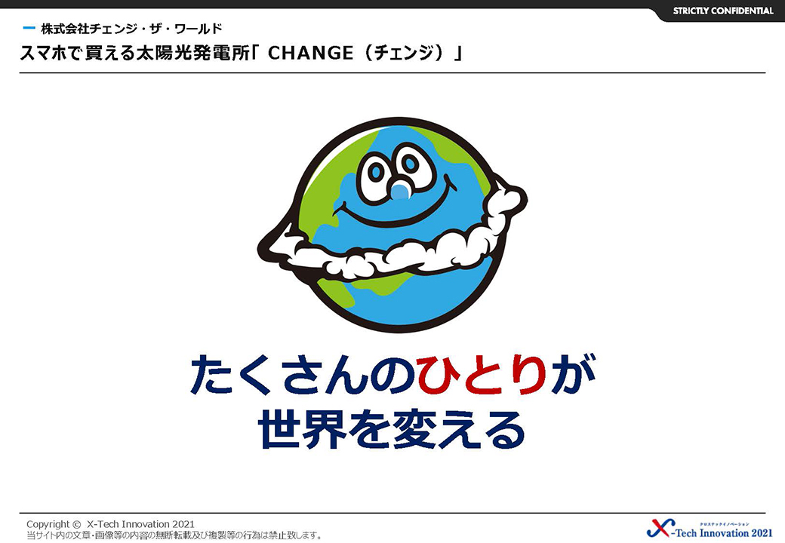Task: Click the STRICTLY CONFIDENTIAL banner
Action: click(x=722, y=11)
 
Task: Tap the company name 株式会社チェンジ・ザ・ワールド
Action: click(x=131, y=29)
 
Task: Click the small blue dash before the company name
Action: click(x=29, y=28)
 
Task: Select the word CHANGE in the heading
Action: click(x=310, y=53)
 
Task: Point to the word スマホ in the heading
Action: click(x=43, y=53)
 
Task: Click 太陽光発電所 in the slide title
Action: click(x=192, y=53)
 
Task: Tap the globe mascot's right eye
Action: click(x=410, y=164)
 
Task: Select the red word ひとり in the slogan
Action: click(x=482, y=374)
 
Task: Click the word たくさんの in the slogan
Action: click(x=303, y=374)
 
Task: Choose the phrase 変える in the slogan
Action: click(x=459, y=430)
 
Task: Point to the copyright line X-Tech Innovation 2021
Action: click(x=111, y=524)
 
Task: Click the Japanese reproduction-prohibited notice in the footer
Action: click(x=174, y=535)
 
